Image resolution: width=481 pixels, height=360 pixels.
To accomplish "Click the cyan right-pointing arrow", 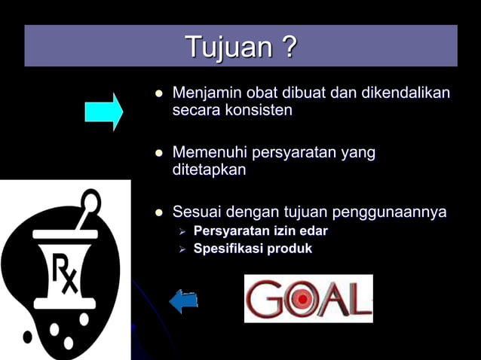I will click(x=103, y=111).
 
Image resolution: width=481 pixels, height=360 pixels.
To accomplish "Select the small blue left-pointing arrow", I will click(x=183, y=301).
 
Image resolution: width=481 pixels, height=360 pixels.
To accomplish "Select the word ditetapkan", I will click(x=209, y=170).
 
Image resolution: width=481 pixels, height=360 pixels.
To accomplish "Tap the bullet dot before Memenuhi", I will click(x=158, y=154).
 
